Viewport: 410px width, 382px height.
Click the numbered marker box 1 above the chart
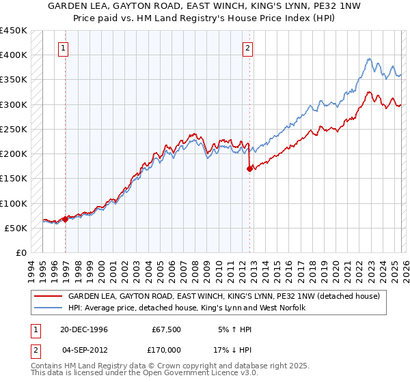pyautogui.click(x=63, y=48)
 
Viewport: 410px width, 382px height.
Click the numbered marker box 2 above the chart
pyautogui.click(x=247, y=48)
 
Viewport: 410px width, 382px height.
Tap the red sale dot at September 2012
pyautogui.click(x=249, y=169)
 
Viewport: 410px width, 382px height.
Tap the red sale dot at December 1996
pyautogui.click(x=66, y=219)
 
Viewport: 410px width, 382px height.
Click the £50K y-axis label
pyautogui.click(x=16, y=228)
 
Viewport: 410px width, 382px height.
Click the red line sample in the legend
pyautogui.click(x=48, y=297)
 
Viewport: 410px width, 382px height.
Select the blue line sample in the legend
pyautogui.click(x=48, y=308)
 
